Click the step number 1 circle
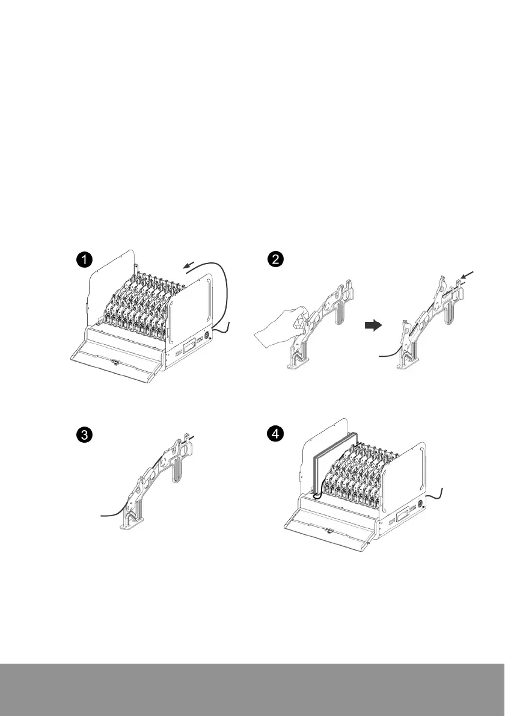tap(84, 260)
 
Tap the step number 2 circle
tap(275, 259)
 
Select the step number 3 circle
tap(84, 434)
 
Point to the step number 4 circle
tap(275, 433)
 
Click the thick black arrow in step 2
tap(373, 326)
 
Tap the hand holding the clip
tap(279, 324)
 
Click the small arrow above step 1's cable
tap(188, 266)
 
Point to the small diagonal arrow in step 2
tap(468, 276)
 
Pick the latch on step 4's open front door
tap(328, 529)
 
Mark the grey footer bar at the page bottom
tap(252, 690)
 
